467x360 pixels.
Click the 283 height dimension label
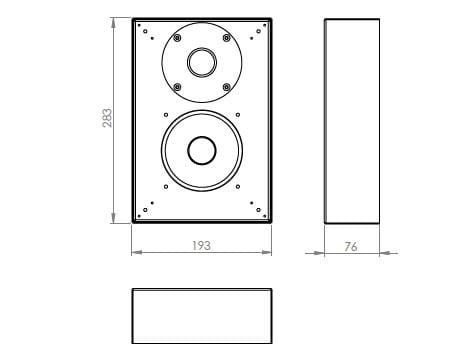107,117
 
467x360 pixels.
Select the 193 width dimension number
201,245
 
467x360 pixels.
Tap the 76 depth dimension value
351,246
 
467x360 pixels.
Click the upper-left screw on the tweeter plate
176,38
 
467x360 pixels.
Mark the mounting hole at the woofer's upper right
237,118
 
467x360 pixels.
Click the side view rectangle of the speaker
352,120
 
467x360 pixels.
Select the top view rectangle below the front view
202,316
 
